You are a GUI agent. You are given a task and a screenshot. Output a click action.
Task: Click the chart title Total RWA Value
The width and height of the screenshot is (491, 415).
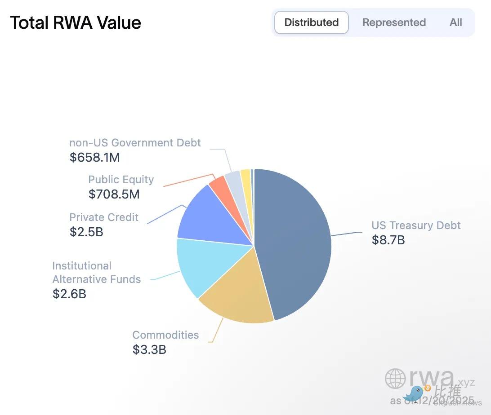click(76, 22)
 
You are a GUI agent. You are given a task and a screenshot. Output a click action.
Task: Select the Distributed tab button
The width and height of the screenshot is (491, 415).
click(311, 22)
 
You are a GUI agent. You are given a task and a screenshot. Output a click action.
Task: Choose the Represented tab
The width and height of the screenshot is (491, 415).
click(394, 22)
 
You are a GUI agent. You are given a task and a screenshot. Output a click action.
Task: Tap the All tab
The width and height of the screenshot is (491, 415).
click(455, 22)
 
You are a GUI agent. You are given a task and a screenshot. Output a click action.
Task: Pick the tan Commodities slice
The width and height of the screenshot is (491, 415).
click(238, 296)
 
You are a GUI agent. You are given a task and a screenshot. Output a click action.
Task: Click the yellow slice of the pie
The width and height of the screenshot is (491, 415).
click(246, 177)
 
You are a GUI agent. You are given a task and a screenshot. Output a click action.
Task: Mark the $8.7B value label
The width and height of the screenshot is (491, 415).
click(388, 240)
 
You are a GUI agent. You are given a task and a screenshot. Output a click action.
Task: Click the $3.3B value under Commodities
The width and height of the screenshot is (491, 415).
click(149, 349)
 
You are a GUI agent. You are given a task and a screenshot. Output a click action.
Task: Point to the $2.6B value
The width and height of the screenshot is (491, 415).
click(69, 294)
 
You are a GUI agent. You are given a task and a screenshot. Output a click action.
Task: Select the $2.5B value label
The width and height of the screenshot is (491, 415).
click(86, 232)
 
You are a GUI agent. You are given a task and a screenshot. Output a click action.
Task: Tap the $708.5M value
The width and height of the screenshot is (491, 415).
click(114, 194)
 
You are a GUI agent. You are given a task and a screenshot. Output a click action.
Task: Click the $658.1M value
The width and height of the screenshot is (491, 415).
click(95, 157)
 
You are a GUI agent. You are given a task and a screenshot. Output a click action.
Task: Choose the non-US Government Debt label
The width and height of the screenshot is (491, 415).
click(135, 143)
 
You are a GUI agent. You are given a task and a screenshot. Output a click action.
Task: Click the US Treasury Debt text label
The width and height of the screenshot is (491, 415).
click(416, 225)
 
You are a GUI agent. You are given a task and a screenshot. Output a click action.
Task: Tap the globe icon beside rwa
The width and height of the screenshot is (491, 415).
click(395, 379)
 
